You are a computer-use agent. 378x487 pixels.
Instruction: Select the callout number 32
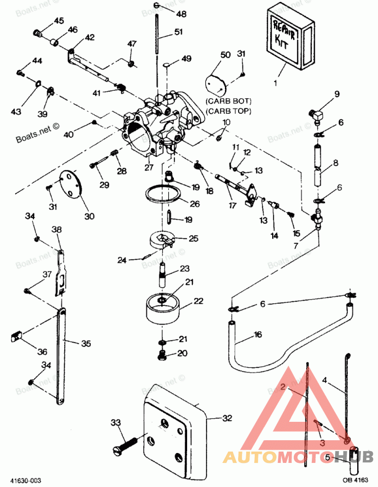coord(228,418)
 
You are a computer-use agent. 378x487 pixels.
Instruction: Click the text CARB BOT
coord(229,102)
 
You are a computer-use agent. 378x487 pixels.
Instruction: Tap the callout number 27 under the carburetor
coord(149,167)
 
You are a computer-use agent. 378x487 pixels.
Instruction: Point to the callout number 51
coord(178,32)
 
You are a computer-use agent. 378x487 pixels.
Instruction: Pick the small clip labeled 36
coord(17,337)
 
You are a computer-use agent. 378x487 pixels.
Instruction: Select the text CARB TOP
coord(229,111)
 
